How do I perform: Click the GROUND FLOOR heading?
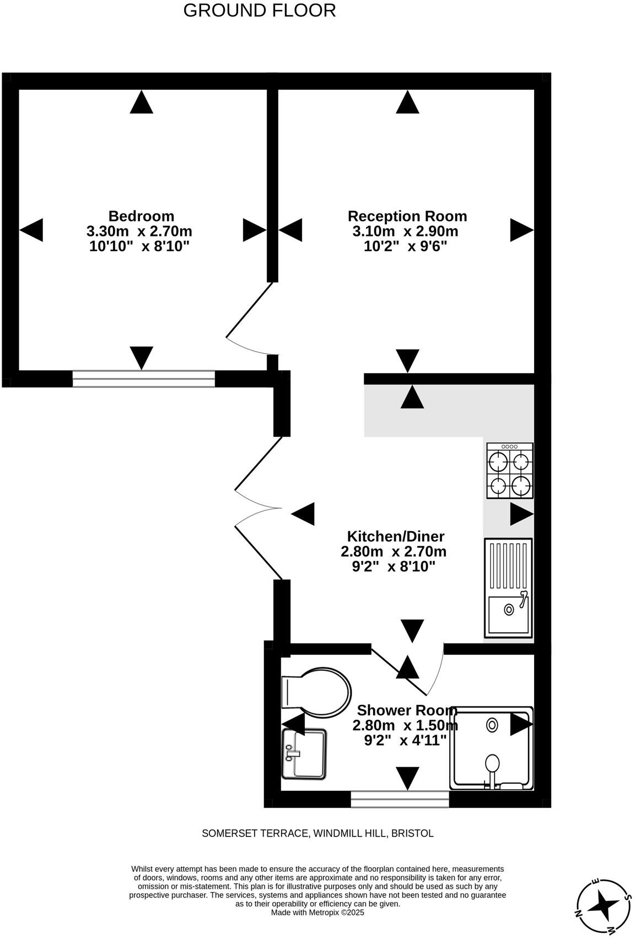click(259, 10)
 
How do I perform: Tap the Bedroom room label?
click(141, 216)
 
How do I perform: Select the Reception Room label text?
click(407, 216)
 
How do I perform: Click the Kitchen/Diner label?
click(395, 536)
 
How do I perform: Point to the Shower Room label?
click(406, 710)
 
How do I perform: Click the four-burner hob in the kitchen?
click(509, 471)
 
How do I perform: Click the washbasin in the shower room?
click(304, 753)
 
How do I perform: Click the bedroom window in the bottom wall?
click(144, 379)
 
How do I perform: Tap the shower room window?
click(400, 799)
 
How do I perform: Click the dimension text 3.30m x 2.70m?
click(139, 231)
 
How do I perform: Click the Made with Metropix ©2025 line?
click(317, 913)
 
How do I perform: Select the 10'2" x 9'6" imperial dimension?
click(405, 246)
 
